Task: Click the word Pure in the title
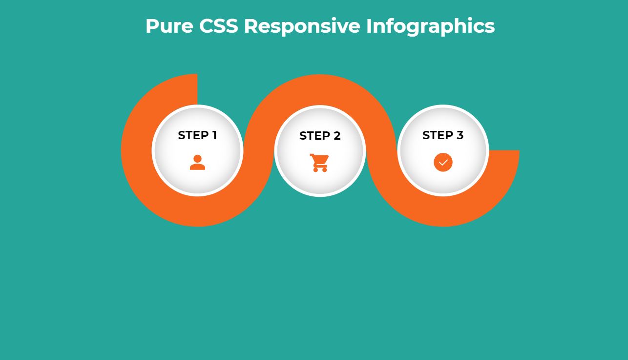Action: [x=169, y=26]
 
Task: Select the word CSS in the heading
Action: [x=219, y=26]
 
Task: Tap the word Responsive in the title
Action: [x=302, y=27]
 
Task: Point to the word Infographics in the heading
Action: [x=431, y=27]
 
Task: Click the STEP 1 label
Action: [x=197, y=135]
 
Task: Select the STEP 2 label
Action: [x=320, y=136]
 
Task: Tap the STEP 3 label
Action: [x=443, y=135]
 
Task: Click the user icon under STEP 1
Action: [x=197, y=162]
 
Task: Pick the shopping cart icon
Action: [x=319, y=163]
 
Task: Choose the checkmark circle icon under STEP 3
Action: [x=443, y=162]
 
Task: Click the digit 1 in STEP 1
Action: [x=214, y=135]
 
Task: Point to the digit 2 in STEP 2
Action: [x=337, y=136]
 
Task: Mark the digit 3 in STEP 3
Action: [x=460, y=135]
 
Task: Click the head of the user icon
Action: [x=197, y=159]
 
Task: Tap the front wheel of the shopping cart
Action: [x=324, y=169]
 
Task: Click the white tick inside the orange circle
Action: [x=443, y=162]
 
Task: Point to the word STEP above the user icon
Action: [x=193, y=135]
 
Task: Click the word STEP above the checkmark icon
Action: [x=438, y=135]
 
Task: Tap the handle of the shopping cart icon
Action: [x=312, y=155]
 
